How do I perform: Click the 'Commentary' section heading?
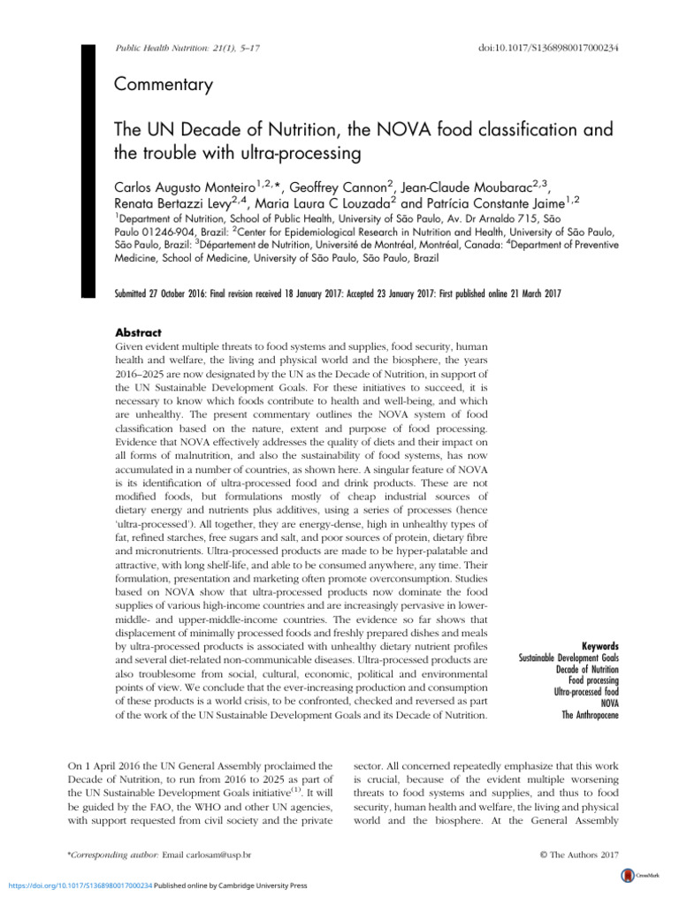point(164,85)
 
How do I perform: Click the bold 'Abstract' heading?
point(139,333)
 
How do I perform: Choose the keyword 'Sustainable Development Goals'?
point(568,658)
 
